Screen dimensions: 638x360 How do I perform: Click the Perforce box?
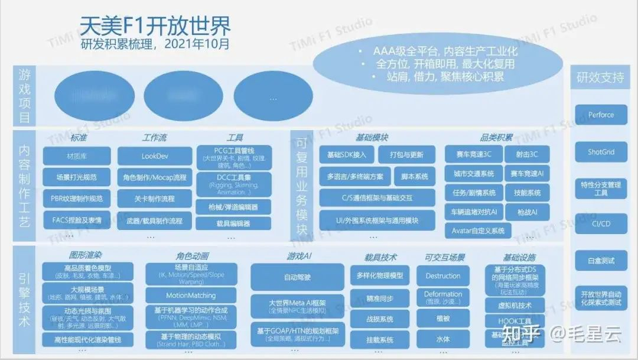click(x=601, y=115)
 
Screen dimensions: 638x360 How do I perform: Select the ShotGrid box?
click(x=601, y=152)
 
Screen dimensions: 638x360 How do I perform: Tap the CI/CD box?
click(x=601, y=223)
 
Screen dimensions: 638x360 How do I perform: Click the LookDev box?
click(x=155, y=156)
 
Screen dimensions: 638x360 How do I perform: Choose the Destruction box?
click(x=442, y=275)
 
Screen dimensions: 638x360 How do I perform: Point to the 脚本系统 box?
click(x=414, y=176)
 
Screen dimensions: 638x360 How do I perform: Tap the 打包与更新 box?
click(x=406, y=155)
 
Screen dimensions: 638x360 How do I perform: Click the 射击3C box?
click(x=527, y=155)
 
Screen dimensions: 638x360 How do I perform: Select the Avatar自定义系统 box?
click(x=478, y=231)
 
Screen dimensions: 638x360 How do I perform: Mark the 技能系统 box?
click(x=527, y=193)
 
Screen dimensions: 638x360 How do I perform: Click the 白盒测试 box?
click(x=601, y=260)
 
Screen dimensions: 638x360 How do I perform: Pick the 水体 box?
click(x=442, y=339)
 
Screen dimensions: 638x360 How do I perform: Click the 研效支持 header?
click(x=600, y=77)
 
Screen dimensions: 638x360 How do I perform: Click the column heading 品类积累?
click(x=496, y=138)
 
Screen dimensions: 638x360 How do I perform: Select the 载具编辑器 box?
click(x=234, y=223)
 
